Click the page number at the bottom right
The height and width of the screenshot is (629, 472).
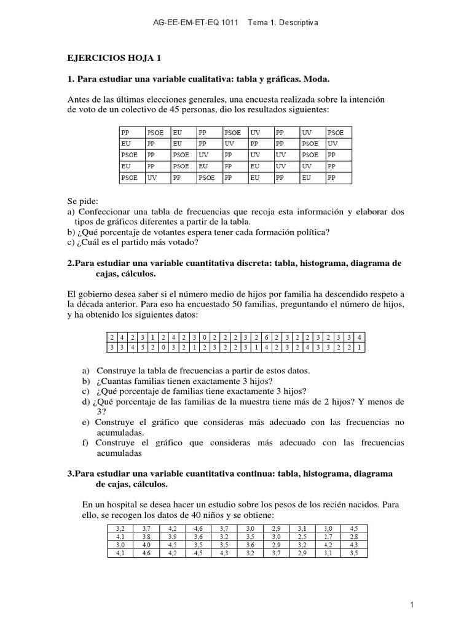coord(412,605)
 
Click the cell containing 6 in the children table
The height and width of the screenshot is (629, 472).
coord(265,337)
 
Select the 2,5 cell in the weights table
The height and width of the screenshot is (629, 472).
coord(302,536)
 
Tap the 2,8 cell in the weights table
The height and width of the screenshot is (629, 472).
coord(354,536)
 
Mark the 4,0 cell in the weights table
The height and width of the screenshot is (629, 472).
coord(146,544)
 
